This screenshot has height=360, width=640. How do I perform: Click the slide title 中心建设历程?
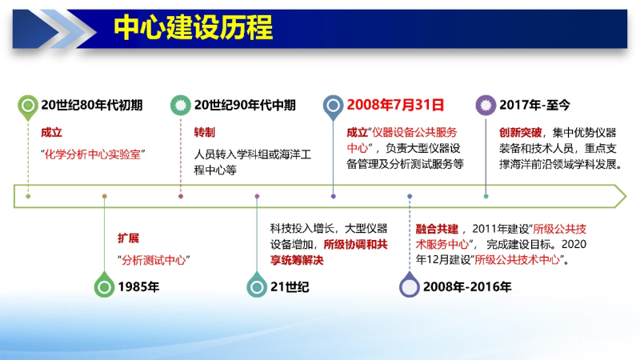tap(193, 28)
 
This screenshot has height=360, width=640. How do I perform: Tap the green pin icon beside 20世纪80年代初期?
tap(28, 107)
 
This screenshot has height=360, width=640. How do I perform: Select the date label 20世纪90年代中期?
tap(245, 106)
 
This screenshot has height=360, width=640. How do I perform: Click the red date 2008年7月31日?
tap(395, 105)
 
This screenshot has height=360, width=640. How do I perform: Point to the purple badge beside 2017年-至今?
tap(486, 106)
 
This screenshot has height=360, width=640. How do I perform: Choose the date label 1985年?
tap(138, 287)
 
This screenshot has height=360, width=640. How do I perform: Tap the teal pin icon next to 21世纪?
tap(257, 285)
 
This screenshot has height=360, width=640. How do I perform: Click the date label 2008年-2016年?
tap(467, 287)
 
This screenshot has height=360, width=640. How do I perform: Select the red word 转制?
tap(205, 132)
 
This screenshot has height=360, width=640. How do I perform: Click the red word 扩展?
tap(128, 238)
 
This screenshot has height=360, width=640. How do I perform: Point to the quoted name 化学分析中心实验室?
tap(93, 154)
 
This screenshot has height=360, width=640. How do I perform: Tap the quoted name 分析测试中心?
tap(154, 260)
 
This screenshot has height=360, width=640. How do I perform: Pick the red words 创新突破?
tap(521, 132)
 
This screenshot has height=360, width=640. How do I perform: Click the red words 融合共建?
tap(437, 229)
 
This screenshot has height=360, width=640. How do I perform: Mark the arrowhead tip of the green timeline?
tap(626, 196)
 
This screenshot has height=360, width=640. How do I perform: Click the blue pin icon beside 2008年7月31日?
tap(333, 107)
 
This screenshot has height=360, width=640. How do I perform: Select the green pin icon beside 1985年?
tap(104, 285)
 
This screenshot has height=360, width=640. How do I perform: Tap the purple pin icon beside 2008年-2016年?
tap(410, 285)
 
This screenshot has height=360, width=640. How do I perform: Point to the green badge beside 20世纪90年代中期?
tap(181, 106)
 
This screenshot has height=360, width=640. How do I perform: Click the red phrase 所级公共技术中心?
tap(517, 259)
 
